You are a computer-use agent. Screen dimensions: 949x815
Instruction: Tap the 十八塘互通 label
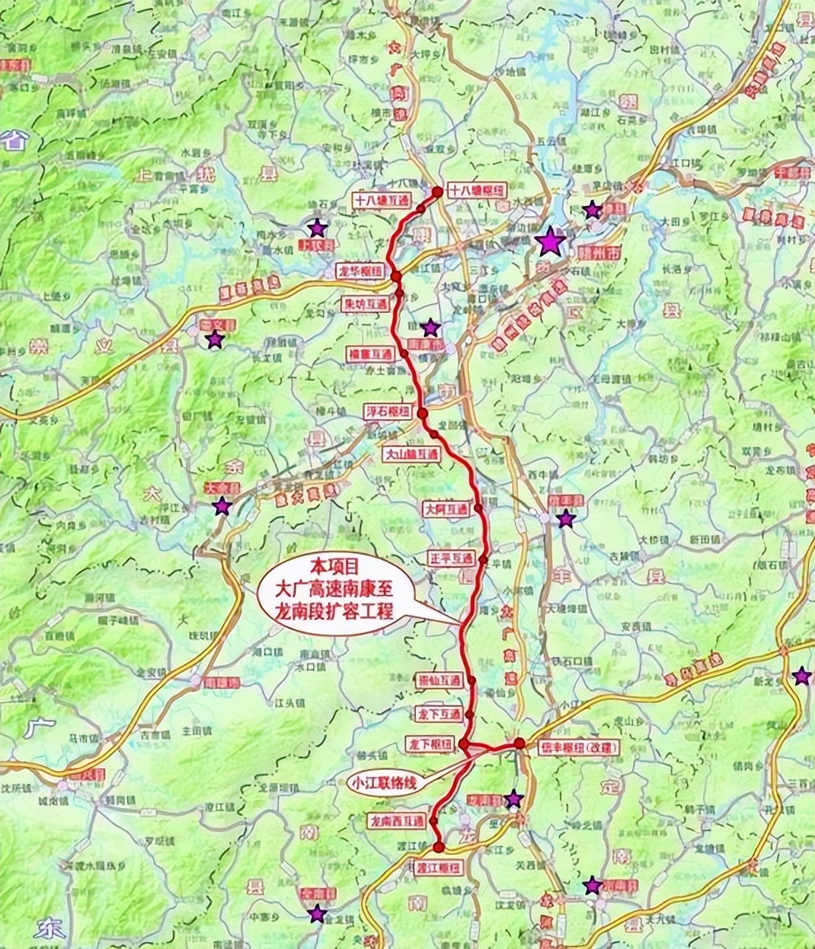[382, 199]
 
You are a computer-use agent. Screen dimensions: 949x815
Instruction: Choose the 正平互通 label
[451, 559]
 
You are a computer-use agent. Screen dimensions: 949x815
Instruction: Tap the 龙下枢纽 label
[429, 744]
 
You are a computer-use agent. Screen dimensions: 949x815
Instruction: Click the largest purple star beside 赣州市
[551, 242]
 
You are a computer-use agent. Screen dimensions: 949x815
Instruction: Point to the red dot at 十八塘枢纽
[437, 192]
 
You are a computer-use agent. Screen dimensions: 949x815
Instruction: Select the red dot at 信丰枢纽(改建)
[520, 742]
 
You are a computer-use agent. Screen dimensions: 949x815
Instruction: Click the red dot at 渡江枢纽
[439, 846]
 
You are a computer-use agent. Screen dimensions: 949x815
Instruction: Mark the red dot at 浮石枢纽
[422, 413]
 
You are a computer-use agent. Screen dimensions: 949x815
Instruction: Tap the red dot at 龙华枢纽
[397, 276]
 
